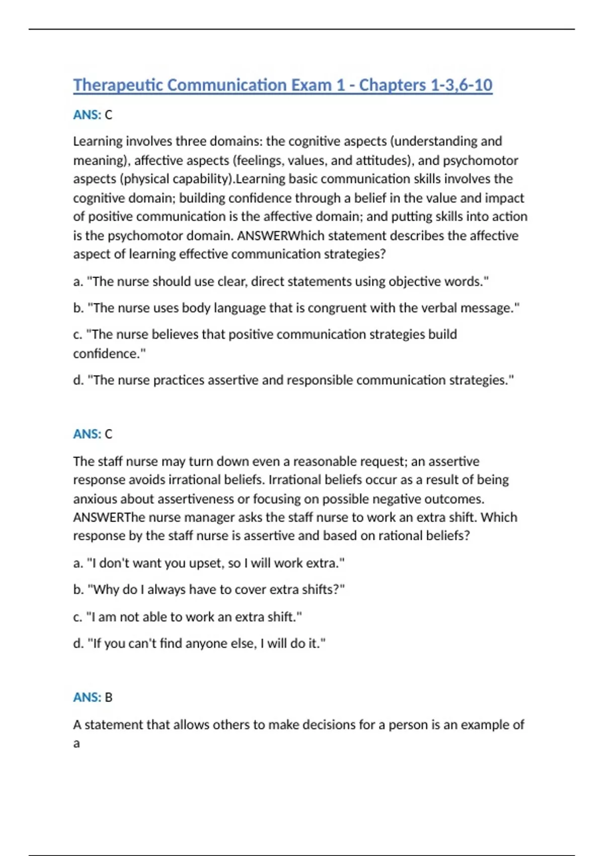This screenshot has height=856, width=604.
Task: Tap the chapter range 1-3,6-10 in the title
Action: (x=461, y=85)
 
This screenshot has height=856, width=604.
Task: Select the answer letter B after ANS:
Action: (x=109, y=697)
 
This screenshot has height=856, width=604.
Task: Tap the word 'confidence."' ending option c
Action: (x=109, y=353)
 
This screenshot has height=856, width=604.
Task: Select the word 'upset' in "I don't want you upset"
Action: (x=206, y=562)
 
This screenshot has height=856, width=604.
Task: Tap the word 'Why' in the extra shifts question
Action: (x=105, y=589)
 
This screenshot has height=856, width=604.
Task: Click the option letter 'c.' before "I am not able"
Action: (x=78, y=617)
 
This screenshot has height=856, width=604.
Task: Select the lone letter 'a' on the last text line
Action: (x=77, y=743)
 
